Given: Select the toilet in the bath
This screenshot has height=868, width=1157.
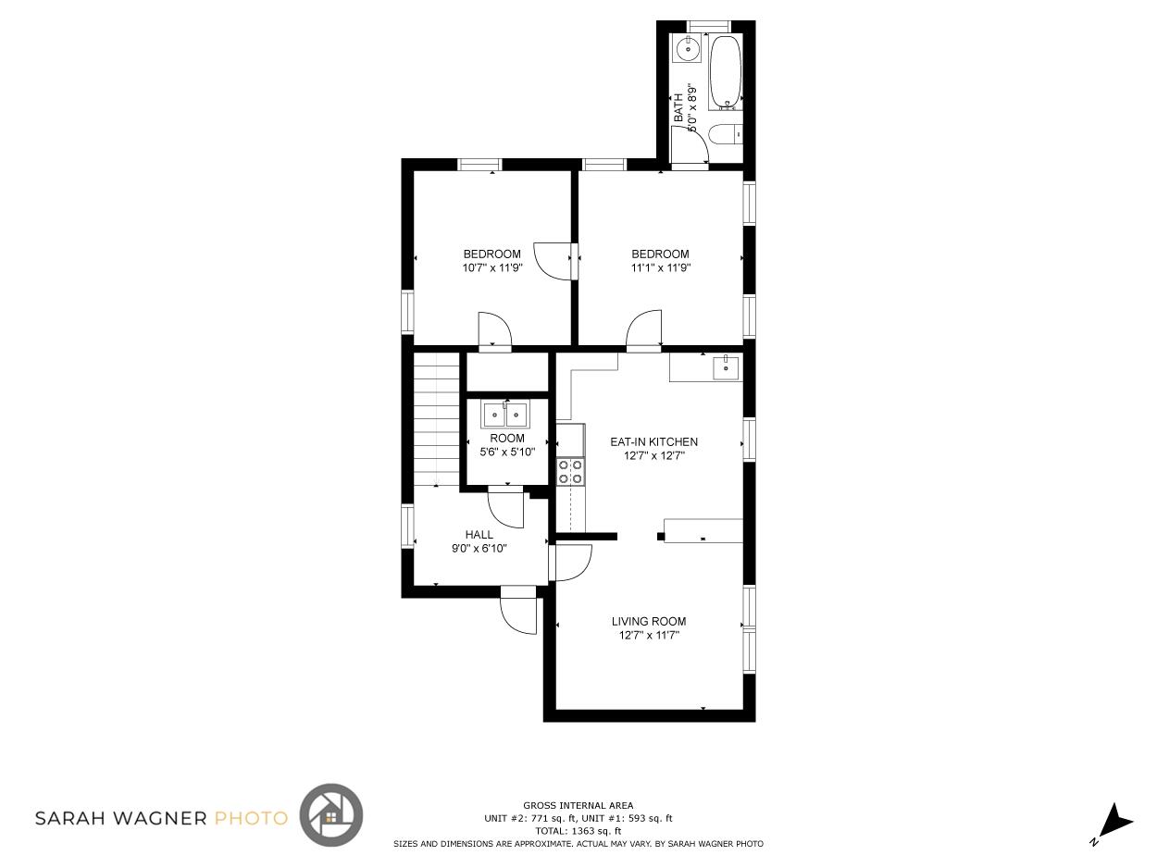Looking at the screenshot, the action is [x=726, y=134].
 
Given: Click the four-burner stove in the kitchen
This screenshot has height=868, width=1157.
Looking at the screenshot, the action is [x=571, y=472].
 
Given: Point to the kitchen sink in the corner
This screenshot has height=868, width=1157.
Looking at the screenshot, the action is [x=727, y=367].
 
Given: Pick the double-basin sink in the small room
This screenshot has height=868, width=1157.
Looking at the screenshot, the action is [x=506, y=415].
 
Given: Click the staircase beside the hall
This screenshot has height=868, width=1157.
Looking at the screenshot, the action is [x=437, y=419].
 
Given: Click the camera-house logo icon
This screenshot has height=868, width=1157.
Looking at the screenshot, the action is [x=331, y=815].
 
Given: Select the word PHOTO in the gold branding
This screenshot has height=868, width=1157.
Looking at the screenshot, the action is [x=252, y=818].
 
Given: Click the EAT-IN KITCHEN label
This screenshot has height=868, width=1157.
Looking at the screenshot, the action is [x=653, y=441].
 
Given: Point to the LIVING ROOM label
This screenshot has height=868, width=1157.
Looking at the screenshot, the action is [x=649, y=621].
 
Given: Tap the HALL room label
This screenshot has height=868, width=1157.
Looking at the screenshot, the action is [x=479, y=534].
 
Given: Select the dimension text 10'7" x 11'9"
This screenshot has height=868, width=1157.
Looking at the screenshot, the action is [x=492, y=267].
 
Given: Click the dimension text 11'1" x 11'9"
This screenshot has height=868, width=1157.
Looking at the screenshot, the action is [x=661, y=267].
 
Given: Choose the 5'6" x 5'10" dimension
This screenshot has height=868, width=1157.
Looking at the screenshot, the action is [x=507, y=452].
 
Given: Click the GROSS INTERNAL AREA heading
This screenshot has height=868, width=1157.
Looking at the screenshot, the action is [x=578, y=805].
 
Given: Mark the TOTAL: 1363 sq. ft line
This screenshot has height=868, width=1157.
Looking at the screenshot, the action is [x=578, y=831].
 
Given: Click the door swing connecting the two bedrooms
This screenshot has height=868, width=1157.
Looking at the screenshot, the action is [x=553, y=261].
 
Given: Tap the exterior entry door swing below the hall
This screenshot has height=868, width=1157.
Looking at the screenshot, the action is [x=518, y=616].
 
